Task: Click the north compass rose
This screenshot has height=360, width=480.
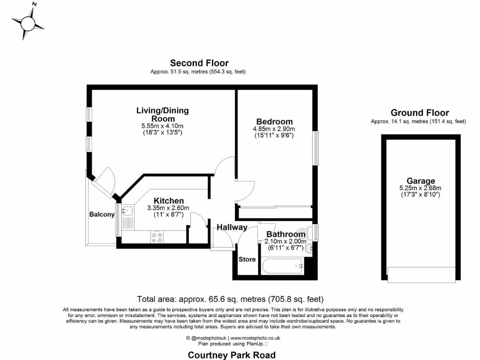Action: pos(28,22)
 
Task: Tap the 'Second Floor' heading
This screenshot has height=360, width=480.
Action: pos(199,63)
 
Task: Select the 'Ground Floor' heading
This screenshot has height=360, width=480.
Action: pos(420,112)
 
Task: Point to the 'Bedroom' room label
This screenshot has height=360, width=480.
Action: pos(274,121)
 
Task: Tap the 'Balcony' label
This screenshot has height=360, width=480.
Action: pos(102,214)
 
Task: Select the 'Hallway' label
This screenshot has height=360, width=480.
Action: pos(232,227)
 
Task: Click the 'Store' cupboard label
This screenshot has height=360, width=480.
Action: pos(247,259)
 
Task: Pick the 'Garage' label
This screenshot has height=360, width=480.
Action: pos(420,181)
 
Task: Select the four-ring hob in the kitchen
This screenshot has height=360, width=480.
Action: pos(157,237)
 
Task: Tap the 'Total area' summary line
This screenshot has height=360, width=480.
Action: pos(230,299)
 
